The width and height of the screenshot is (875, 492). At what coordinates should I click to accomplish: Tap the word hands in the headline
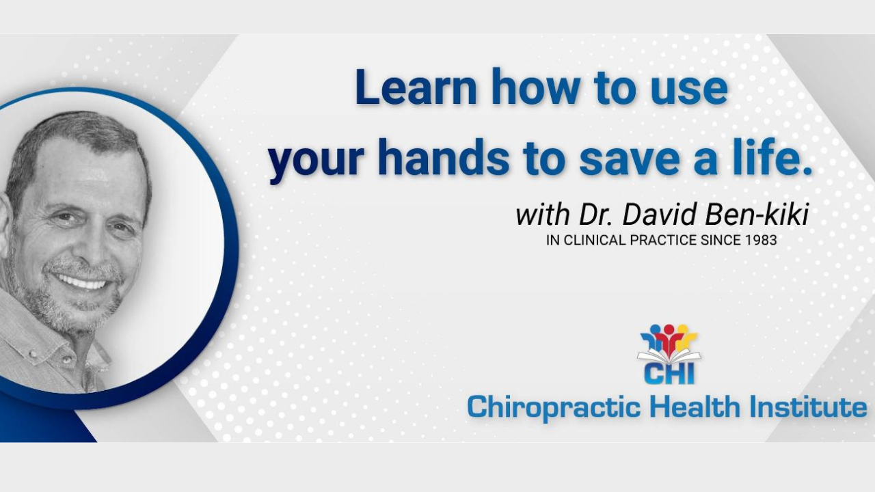(x=443, y=157)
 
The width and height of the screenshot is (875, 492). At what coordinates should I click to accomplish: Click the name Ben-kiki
(x=757, y=215)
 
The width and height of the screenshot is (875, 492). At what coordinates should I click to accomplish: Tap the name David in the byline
(x=660, y=215)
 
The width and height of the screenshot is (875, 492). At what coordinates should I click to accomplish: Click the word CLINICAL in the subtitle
(x=595, y=240)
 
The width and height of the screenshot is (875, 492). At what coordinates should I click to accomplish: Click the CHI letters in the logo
(x=669, y=374)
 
